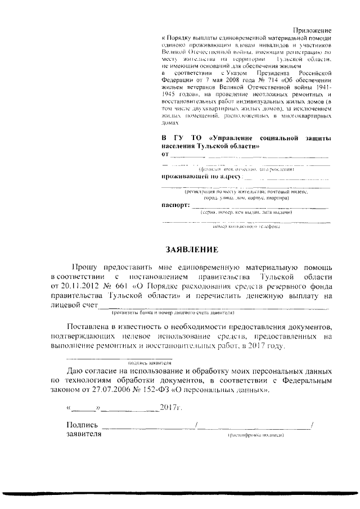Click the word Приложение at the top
tap(312, 29)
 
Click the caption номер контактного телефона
tap(242, 227)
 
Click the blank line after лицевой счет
tap(214, 307)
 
